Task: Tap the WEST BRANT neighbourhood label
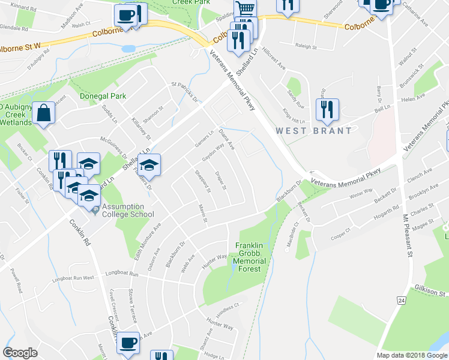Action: tap(313, 130)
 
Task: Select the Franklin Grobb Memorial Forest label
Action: tap(250, 257)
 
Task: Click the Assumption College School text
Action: tap(127, 211)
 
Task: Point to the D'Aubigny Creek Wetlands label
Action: tap(16, 115)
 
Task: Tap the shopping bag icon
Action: tap(44, 113)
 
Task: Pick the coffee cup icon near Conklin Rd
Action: tap(127, 343)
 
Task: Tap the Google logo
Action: tap(20, 353)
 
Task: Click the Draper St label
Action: tap(220, 179)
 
